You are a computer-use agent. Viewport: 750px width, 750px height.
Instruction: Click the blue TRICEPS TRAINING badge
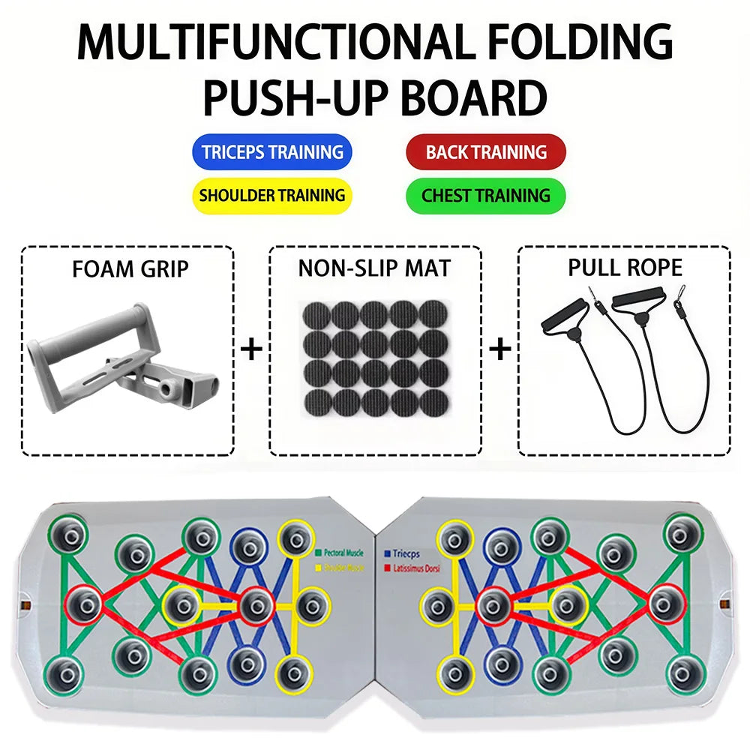(x=272, y=152)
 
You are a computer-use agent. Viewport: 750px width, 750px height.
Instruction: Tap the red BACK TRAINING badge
(x=486, y=152)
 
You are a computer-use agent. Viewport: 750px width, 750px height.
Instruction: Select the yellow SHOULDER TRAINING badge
(x=272, y=196)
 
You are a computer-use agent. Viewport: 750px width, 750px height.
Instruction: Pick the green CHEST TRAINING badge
(x=486, y=196)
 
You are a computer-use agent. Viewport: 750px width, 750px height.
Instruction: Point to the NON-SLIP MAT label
(x=374, y=269)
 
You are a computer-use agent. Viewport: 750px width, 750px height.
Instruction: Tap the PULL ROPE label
(x=624, y=268)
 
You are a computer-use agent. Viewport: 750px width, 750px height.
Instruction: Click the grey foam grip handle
(x=120, y=352)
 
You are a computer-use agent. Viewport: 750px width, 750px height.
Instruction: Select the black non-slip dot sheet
(x=374, y=358)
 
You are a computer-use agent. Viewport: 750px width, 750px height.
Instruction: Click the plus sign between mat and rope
(x=500, y=349)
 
